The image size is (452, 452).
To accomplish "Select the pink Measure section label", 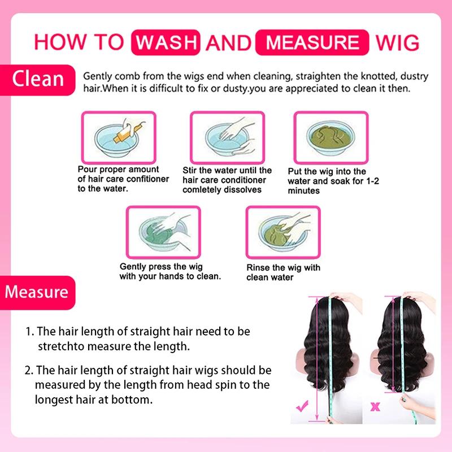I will pos(37,292).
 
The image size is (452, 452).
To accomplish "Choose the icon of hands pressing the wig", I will pos(162,231).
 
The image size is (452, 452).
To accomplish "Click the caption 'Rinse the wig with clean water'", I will pos(283,272).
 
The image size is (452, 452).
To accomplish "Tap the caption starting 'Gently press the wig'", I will pos(162,272).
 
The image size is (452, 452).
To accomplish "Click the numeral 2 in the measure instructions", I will pos(28,371).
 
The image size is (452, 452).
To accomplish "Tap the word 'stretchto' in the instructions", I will pos(60,345).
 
